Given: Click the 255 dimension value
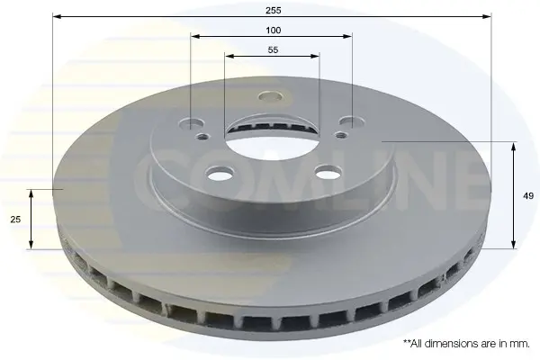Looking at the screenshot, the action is (273, 10).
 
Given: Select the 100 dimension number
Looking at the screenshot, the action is (273, 31).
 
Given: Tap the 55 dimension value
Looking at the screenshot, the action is (273, 50).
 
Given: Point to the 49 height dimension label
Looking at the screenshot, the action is (528, 196).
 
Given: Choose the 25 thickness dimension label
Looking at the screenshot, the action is (15, 219).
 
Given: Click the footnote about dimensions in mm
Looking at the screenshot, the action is (466, 344).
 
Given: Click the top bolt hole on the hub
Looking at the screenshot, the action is (270, 96).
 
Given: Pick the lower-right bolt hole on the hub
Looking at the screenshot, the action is (328, 171).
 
